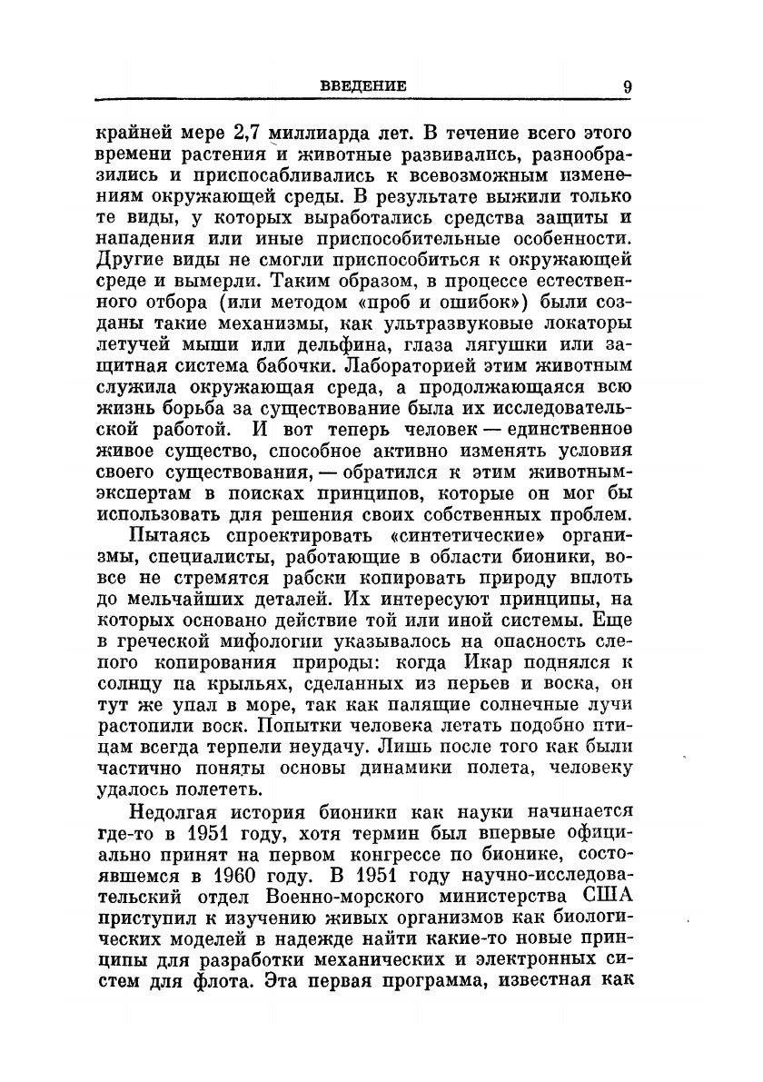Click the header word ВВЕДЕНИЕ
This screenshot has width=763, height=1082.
click(x=363, y=86)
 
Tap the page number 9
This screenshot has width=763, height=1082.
click(x=628, y=86)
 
